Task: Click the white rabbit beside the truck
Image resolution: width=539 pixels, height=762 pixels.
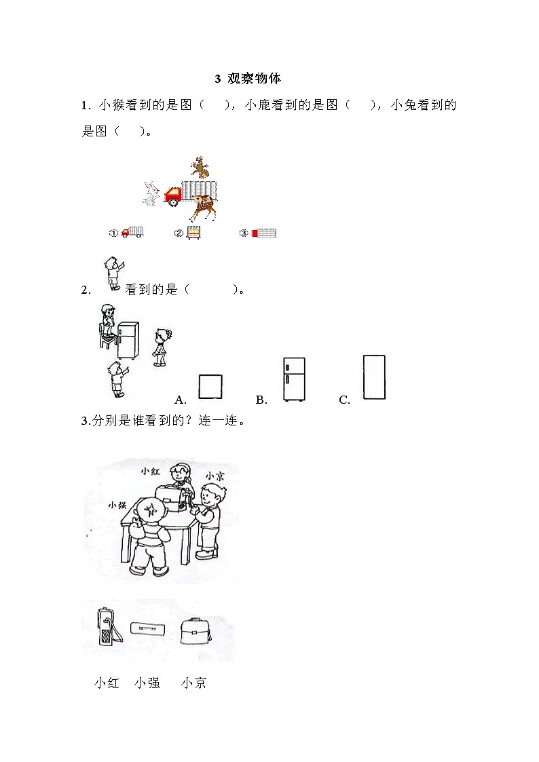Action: click(x=151, y=193)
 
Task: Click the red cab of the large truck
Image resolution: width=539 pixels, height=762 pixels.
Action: click(x=174, y=195)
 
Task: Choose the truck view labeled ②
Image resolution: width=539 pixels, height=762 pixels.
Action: click(x=194, y=233)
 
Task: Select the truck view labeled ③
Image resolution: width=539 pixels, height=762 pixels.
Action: click(x=264, y=233)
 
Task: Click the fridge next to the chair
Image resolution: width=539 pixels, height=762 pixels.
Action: click(x=128, y=340)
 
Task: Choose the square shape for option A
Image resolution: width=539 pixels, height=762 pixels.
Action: click(x=210, y=387)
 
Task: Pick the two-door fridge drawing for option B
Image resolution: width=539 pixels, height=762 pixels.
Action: click(x=294, y=379)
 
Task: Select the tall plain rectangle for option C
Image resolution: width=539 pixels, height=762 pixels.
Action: click(x=374, y=377)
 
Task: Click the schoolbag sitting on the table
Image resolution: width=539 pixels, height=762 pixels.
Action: click(x=172, y=498)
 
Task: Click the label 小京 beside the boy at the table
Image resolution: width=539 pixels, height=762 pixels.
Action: click(x=215, y=476)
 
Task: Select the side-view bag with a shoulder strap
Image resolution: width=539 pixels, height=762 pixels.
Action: click(x=107, y=628)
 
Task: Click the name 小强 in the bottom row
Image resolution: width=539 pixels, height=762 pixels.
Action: click(x=147, y=683)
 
